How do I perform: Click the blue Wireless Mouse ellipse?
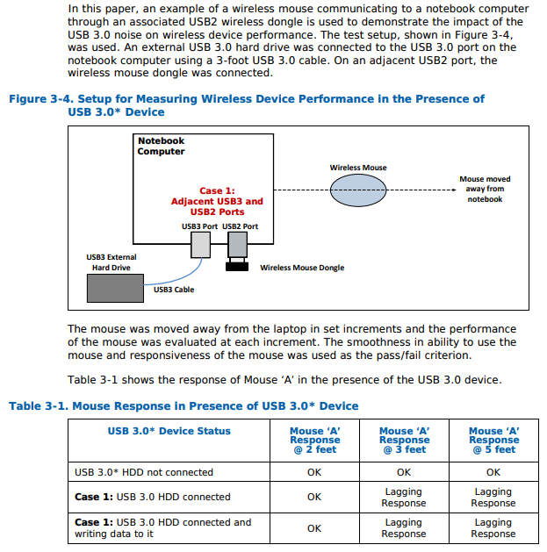[x=358, y=190]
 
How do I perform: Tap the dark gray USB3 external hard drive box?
[x=115, y=289]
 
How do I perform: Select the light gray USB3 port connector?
[x=201, y=245]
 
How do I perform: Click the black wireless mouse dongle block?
[x=237, y=267]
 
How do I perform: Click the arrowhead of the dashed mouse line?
[x=454, y=190]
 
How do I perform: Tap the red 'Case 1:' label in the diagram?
[x=217, y=190]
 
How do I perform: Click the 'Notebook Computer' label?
[x=161, y=146]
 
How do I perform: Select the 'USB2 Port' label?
[x=241, y=226]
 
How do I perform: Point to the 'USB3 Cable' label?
[x=174, y=290]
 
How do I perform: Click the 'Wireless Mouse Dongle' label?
[x=302, y=268]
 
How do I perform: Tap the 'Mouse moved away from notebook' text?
[x=485, y=189]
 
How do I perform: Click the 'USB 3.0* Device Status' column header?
[x=169, y=431]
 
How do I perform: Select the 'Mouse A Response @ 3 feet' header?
[x=405, y=440]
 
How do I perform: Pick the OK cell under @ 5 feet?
[x=493, y=472]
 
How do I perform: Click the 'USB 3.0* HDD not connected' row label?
[x=144, y=472]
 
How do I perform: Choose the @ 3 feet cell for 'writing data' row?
[x=404, y=528]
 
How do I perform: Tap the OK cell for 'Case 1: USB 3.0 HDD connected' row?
[x=314, y=497]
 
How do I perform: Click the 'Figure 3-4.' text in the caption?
[x=41, y=99]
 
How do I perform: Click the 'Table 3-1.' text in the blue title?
[x=39, y=406]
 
